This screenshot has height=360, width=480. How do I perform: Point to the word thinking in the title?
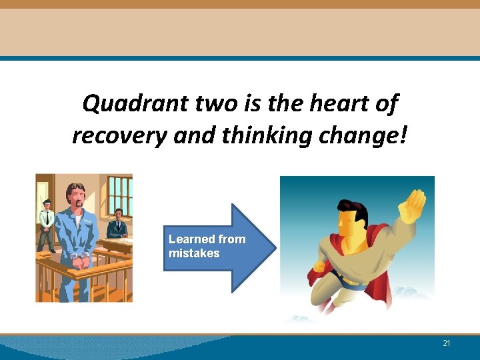[x=255, y=135]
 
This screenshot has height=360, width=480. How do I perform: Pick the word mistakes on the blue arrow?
[x=194, y=253]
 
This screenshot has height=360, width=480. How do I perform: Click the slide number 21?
[x=446, y=343]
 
